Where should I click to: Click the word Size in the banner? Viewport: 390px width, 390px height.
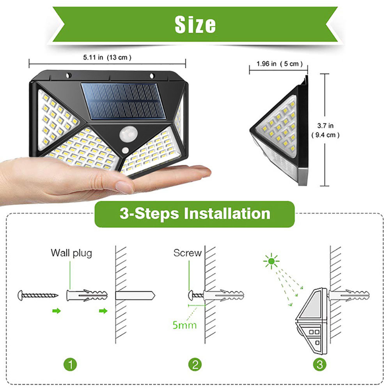(195, 25)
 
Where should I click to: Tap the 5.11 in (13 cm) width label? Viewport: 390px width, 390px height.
(107, 57)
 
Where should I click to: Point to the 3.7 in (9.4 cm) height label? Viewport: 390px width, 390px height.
(325, 130)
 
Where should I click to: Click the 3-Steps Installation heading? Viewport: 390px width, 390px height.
(195, 214)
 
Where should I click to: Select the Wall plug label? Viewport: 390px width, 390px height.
(71, 253)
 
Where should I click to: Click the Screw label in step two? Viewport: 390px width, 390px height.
(188, 253)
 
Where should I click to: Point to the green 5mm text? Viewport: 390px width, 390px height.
(184, 324)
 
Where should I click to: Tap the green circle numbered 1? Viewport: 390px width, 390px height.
(70, 365)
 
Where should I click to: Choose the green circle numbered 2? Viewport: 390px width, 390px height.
(195, 365)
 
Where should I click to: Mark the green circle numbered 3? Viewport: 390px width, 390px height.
(320, 365)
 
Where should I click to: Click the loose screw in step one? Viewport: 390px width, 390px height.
(38, 295)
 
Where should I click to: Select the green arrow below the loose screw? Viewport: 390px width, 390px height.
(57, 311)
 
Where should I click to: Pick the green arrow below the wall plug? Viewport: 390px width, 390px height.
(104, 311)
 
